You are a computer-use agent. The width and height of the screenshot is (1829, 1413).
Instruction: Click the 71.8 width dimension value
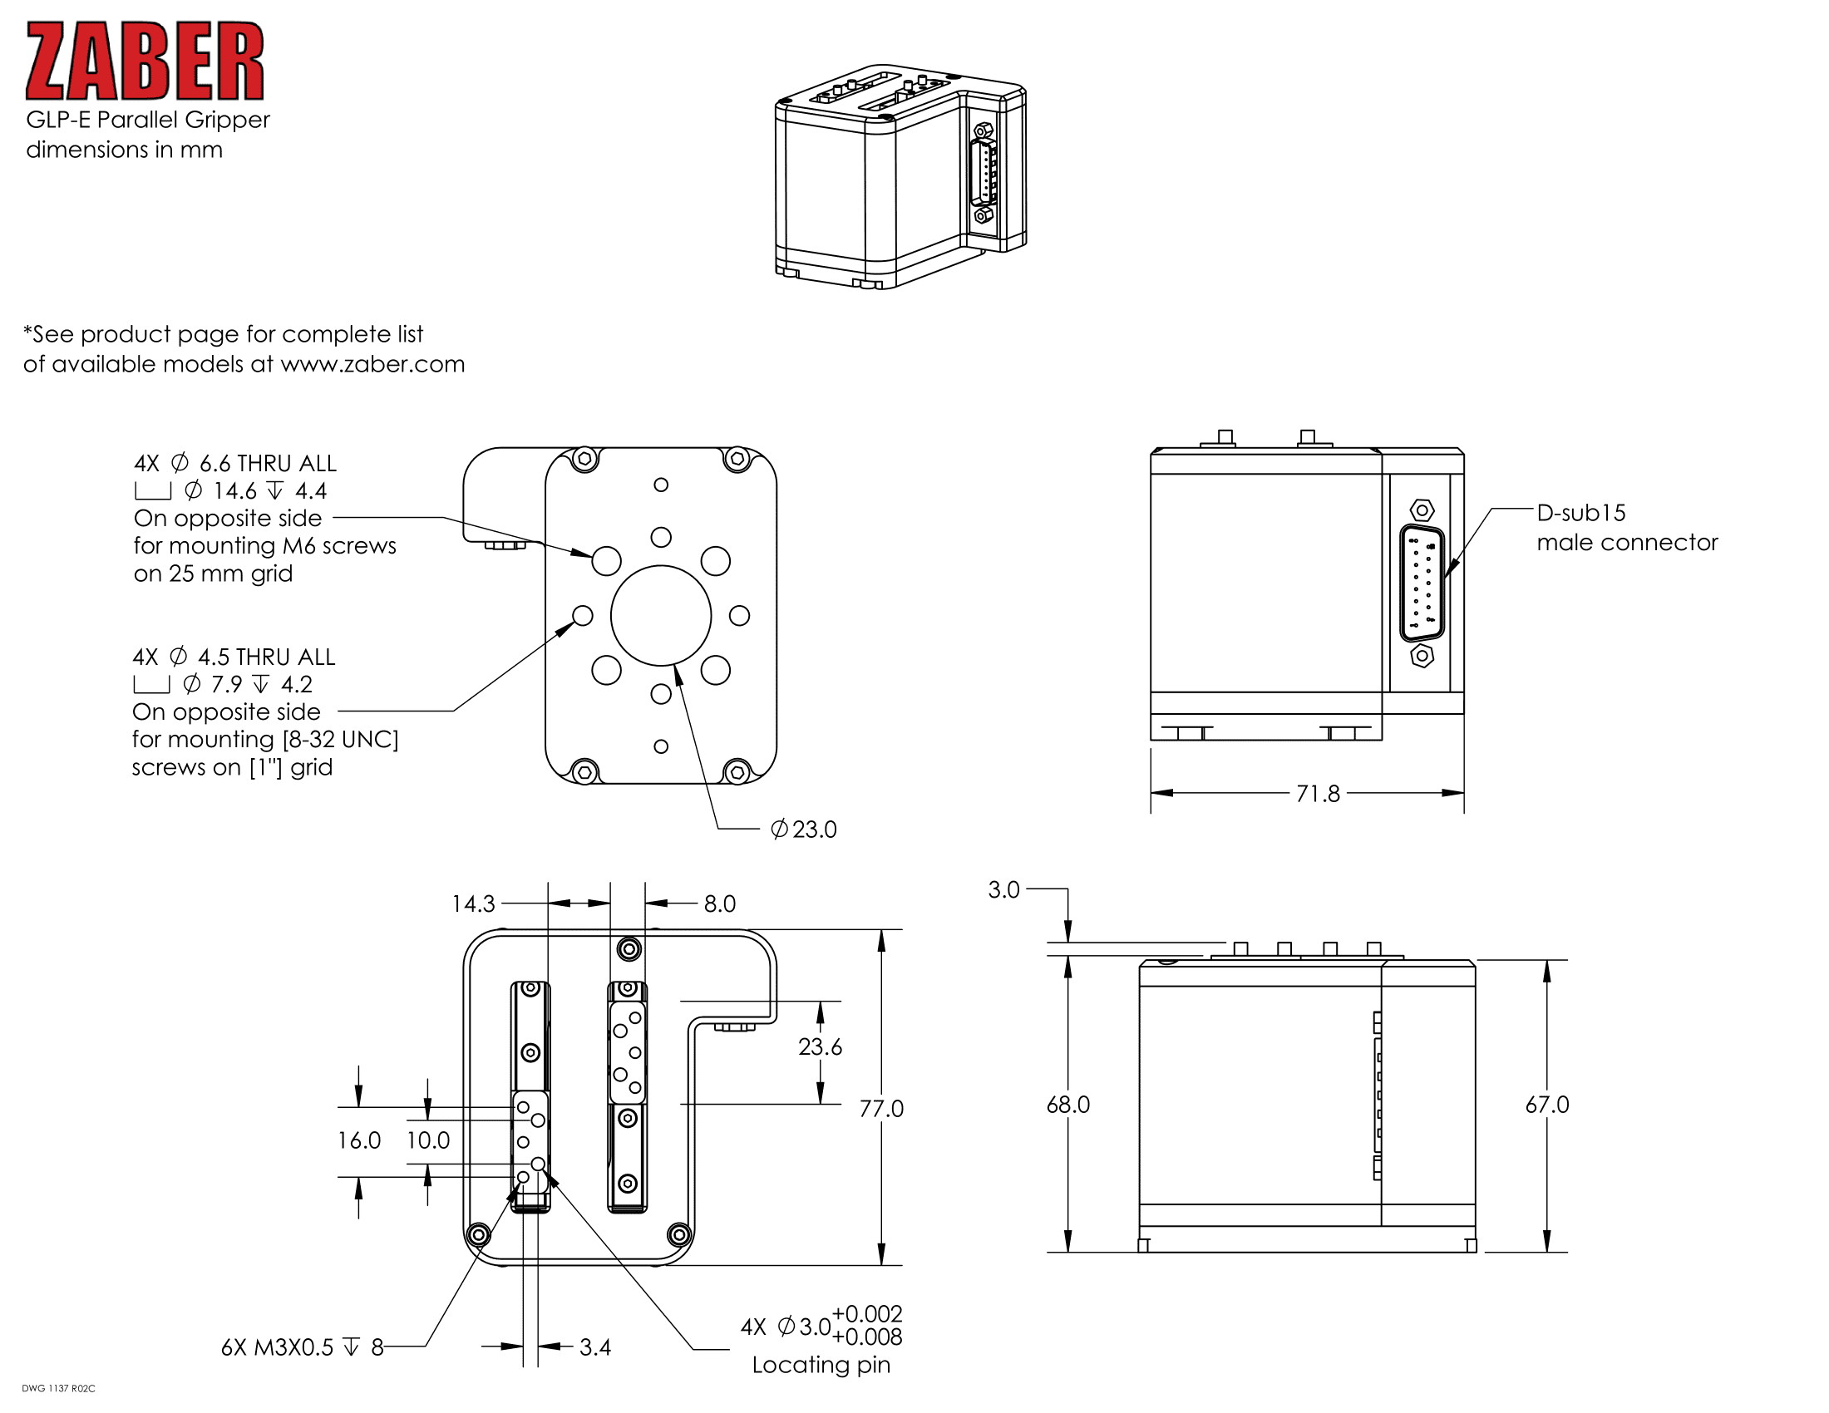click(1318, 794)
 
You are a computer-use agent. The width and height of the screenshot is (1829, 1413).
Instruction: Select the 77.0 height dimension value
click(881, 1109)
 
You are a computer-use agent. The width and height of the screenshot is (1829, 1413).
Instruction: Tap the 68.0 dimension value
click(1067, 1105)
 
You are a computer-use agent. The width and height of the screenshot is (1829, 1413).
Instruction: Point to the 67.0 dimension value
click(1546, 1105)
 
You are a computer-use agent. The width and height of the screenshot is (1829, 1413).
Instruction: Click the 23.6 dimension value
click(820, 1047)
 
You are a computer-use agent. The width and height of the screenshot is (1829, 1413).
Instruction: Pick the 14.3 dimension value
click(473, 904)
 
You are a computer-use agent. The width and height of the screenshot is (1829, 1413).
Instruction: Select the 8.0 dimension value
click(719, 904)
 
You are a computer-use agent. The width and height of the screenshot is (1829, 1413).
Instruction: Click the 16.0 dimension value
click(358, 1140)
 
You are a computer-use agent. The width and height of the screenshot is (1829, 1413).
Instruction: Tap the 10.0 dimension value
click(428, 1140)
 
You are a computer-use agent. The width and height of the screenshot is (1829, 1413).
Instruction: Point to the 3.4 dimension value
click(594, 1347)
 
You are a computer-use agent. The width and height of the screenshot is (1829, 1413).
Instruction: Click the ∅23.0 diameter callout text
click(804, 830)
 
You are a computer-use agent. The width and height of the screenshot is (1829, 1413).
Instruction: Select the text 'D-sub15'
click(1581, 513)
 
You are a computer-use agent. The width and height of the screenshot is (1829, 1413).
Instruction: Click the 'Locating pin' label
click(821, 1366)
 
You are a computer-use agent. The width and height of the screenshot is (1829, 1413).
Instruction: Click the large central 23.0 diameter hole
click(661, 615)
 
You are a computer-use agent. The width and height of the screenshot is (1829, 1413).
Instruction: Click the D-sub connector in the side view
click(1422, 583)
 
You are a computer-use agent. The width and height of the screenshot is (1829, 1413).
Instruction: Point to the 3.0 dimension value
click(1003, 890)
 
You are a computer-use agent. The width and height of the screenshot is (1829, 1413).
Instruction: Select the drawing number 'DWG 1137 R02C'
click(59, 1389)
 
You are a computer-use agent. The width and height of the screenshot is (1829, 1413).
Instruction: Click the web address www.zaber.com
click(372, 364)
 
